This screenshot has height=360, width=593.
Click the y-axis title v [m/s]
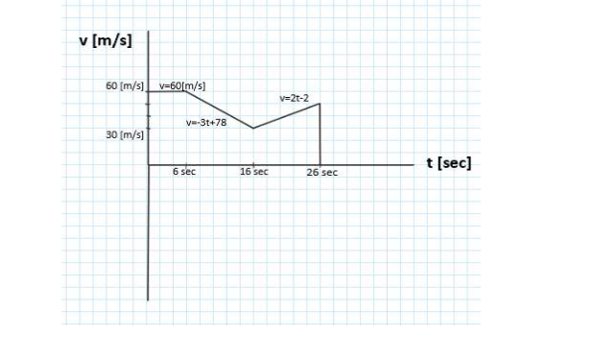tap(106, 41)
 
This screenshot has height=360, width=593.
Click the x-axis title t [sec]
tap(448, 162)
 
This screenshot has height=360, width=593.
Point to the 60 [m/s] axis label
tap(125, 86)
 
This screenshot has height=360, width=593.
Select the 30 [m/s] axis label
tap(125, 134)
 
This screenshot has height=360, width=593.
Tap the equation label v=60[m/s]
tap(182, 85)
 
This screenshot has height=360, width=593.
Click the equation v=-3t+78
tap(206, 123)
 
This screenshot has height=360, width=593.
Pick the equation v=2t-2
tap(293, 97)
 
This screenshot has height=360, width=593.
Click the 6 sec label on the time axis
tap(184, 172)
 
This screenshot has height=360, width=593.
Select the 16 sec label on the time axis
tap(254, 172)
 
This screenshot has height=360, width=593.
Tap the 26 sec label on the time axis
tap(322, 173)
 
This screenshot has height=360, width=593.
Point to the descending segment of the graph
tap(219, 109)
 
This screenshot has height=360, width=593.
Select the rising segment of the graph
tap(286, 115)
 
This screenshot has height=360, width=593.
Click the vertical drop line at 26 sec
tap(320, 134)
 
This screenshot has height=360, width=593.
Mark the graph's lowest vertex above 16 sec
tap(252, 128)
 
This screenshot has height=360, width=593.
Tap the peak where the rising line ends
tap(320, 104)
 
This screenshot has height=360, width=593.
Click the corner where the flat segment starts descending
tap(184, 91)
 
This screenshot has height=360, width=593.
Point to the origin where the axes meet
tap(149, 165)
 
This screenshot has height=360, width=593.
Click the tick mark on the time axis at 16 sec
tap(252, 164)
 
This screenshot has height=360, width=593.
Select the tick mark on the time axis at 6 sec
tap(184, 164)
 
